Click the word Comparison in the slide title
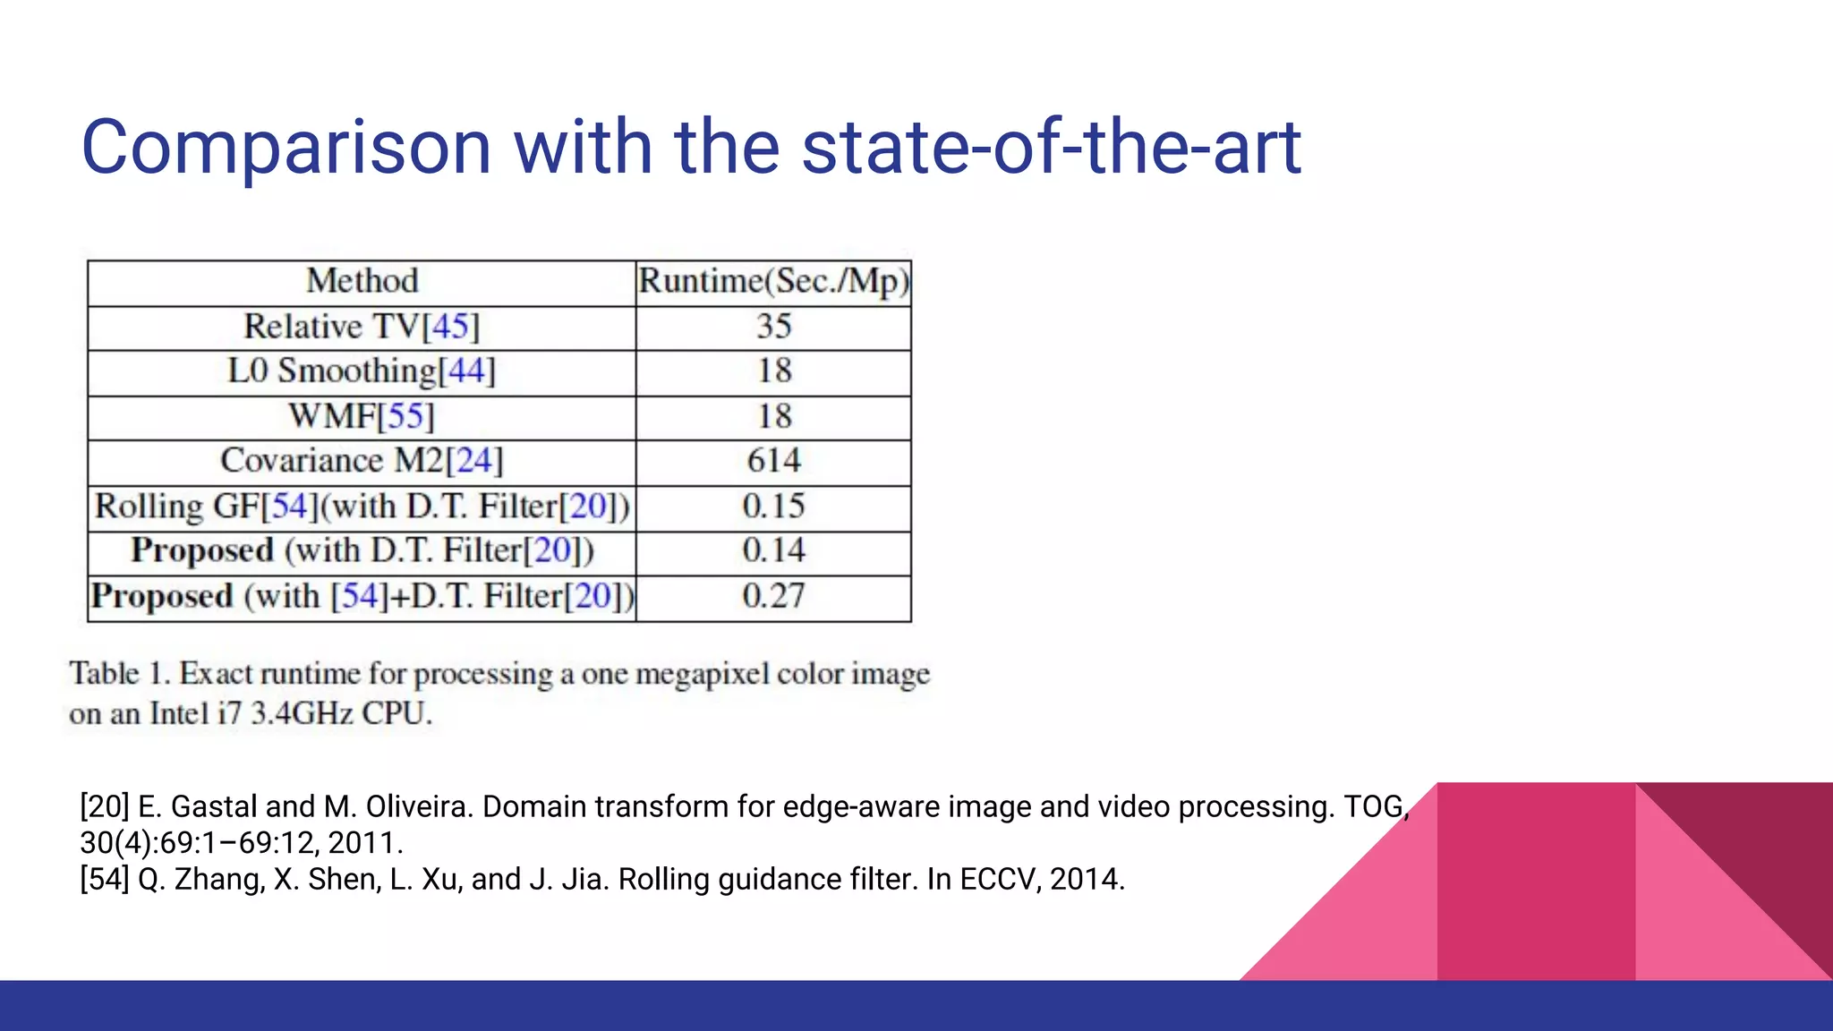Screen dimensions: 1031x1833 [286, 148]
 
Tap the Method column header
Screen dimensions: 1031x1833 [362, 281]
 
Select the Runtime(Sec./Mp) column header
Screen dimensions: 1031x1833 [773, 281]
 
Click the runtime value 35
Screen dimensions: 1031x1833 [774, 327]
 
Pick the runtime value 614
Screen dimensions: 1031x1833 [774, 461]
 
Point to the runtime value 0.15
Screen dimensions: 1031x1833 [774, 507]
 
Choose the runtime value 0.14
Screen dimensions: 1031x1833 [774, 550]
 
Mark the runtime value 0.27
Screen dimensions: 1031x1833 [774, 596]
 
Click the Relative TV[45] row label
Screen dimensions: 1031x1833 [362, 327]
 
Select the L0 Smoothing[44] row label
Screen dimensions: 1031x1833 [362, 371]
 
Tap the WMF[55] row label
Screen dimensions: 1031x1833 [362, 416]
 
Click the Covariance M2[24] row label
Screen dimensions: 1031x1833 [362, 461]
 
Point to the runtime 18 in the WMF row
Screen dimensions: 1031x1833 [774, 416]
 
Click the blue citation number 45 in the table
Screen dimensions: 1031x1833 [450, 327]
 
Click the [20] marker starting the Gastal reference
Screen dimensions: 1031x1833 [104, 807]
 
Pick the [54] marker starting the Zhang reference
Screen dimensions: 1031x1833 [104, 880]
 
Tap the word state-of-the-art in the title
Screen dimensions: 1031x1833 [1051, 148]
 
